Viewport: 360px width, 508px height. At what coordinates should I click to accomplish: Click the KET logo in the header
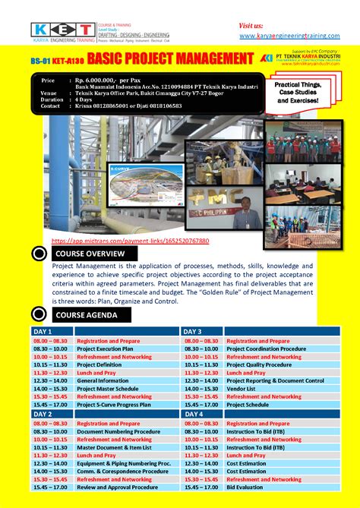pos(50,30)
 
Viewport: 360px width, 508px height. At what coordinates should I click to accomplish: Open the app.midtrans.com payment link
pos(130,241)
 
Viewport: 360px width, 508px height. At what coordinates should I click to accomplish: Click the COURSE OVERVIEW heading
pos(94,253)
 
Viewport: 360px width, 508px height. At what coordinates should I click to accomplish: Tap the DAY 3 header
pos(193,332)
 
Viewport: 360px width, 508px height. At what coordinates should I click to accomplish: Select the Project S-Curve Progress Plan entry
pos(113,405)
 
